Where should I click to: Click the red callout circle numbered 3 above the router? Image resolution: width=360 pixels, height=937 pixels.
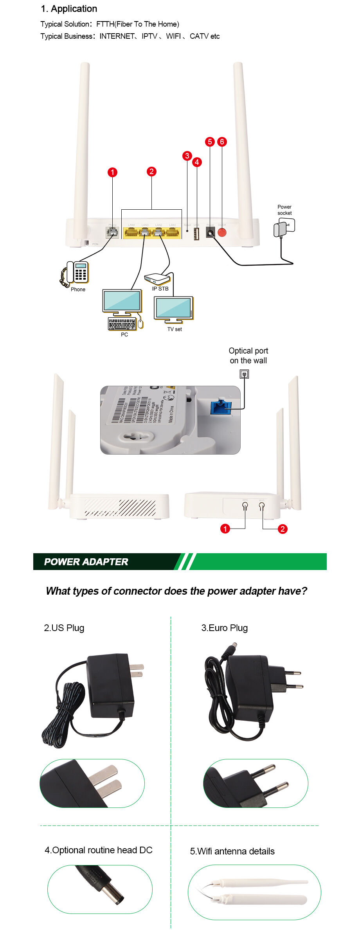pos(187,156)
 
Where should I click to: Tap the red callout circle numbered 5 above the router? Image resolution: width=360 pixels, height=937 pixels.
pos(210,142)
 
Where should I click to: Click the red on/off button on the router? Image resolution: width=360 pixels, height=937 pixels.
pos(222,233)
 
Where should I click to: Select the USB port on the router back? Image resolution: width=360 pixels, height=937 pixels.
pos(196,234)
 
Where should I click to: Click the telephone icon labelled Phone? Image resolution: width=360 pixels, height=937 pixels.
pos(76,272)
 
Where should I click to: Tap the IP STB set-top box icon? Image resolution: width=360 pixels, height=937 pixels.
pos(157,279)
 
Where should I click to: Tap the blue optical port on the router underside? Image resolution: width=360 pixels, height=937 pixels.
pos(221,407)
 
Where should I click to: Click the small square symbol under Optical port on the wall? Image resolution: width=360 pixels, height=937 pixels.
pos(244,374)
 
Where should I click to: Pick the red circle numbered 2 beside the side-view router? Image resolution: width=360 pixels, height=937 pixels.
pos(282,529)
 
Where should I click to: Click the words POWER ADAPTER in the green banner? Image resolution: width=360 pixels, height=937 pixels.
pos(86,562)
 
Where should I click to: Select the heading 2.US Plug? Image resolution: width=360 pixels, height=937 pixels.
pos(64,628)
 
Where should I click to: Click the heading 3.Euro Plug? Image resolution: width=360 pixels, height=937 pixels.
pos(224,628)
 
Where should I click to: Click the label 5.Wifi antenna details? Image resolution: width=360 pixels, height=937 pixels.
pos(232,851)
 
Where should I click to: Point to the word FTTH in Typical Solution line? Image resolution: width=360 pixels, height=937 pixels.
pos(105,24)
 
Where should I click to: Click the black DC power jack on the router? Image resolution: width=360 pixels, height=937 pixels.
pos(211,233)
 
